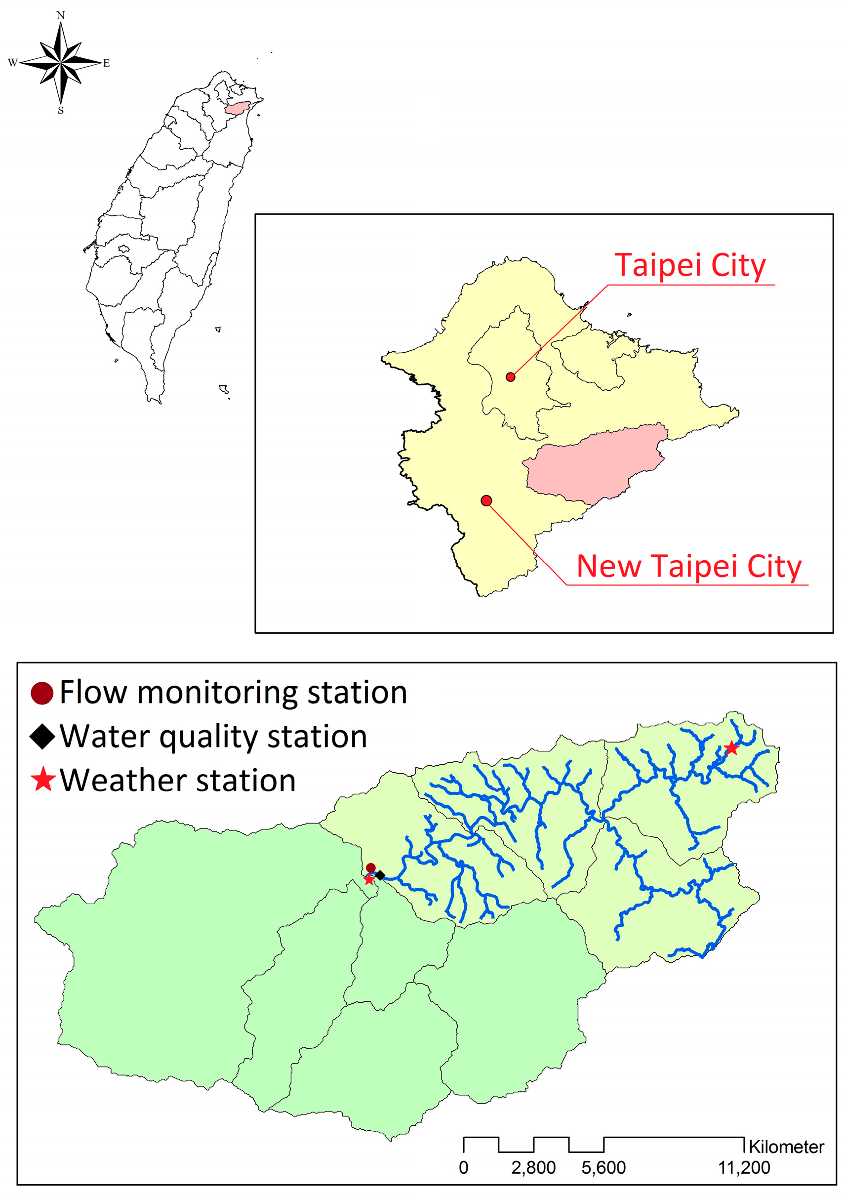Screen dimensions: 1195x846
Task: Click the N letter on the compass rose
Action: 60,16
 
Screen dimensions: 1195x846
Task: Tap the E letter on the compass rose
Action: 106,64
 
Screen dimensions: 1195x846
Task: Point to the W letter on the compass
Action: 12,63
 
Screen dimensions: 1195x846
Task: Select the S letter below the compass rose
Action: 61,111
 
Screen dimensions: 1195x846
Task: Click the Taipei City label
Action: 690,266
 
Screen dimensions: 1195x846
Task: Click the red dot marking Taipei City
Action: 511,376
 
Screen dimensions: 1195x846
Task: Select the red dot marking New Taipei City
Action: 486,500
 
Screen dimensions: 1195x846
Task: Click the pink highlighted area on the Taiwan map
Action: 237,108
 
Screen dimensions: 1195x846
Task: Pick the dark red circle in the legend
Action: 42,694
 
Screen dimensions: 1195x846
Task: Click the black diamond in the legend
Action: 42,737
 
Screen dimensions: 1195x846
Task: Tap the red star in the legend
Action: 42,780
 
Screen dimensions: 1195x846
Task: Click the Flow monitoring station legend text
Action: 233,694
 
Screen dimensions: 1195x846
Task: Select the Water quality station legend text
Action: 213,737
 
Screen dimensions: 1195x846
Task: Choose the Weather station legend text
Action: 178,781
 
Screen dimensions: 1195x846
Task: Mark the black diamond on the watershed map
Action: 380,876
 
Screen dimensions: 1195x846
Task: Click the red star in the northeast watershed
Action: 731,748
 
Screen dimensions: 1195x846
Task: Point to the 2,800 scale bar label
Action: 533,1168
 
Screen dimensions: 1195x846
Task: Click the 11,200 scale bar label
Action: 744,1168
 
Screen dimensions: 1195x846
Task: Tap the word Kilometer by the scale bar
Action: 786,1147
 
